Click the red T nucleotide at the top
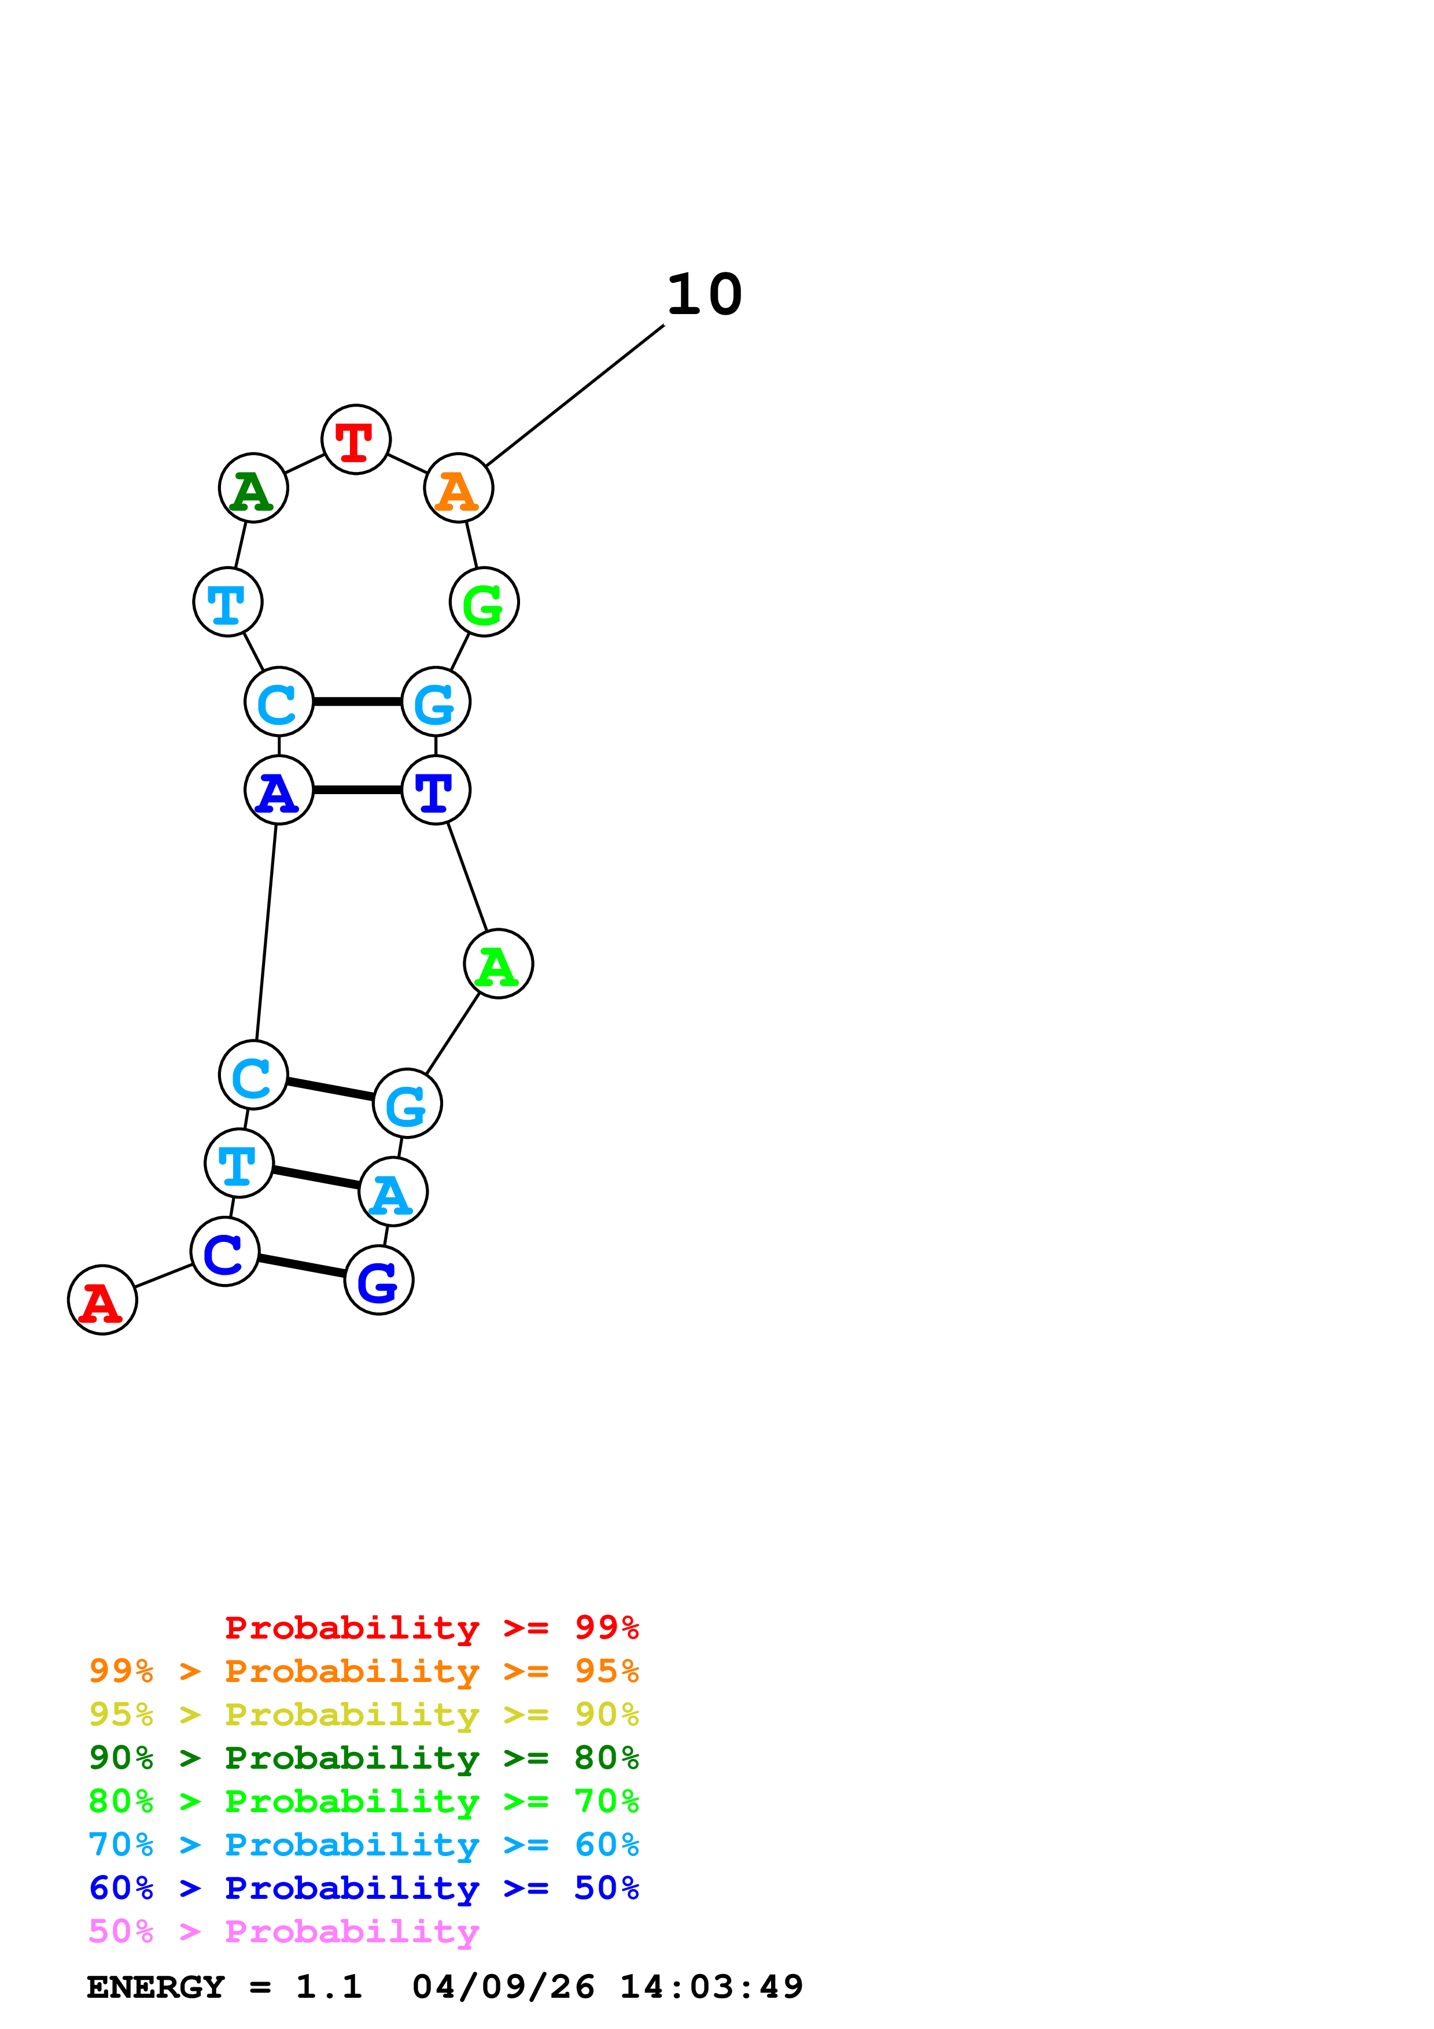356,440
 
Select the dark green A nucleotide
253,489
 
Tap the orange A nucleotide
459,489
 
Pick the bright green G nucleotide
484,603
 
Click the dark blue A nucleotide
279,790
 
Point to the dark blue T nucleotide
436,790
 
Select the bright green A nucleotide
498,964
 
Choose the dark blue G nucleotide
379,1281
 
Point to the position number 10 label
704,294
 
